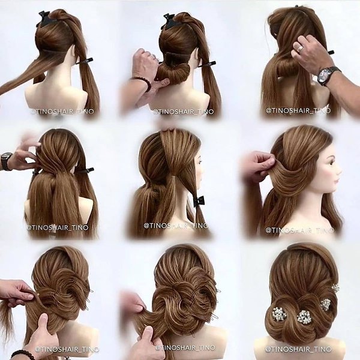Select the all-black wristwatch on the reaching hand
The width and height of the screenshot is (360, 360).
[x=5, y=161]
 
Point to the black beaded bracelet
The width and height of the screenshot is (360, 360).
[x=20, y=355]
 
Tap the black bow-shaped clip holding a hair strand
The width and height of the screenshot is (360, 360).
[x=199, y=202]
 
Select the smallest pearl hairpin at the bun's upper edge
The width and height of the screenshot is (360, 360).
[x=335, y=287]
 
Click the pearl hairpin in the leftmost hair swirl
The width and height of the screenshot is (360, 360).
[x=280, y=314]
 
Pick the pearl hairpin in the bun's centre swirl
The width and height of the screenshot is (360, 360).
[x=304, y=316]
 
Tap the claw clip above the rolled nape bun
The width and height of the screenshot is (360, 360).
[x=170, y=22]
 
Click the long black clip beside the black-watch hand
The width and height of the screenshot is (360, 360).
[x=86, y=170]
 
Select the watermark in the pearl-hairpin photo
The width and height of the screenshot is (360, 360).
[x=298, y=349]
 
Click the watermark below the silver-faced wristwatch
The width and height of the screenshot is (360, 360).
[x=298, y=110]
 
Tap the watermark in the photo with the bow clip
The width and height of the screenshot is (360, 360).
[x=176, y=226]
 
